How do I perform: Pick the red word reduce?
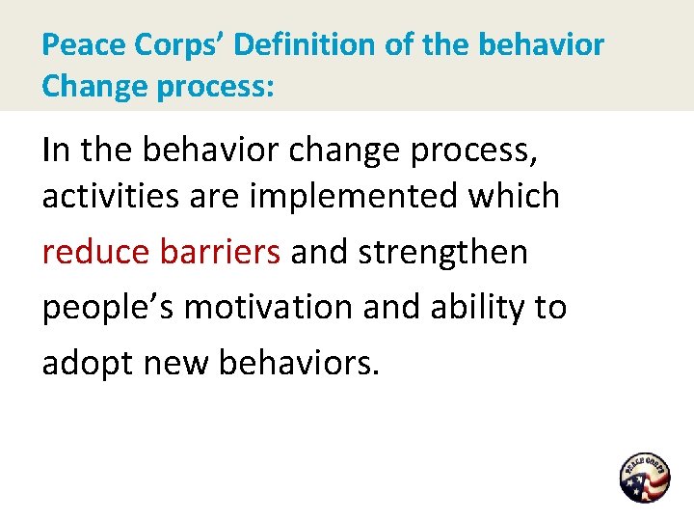point(95,252)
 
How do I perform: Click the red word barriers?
point(220,252)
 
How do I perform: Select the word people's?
point(108,308)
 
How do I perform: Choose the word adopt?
point(85,364)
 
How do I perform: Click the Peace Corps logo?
point(644,478)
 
